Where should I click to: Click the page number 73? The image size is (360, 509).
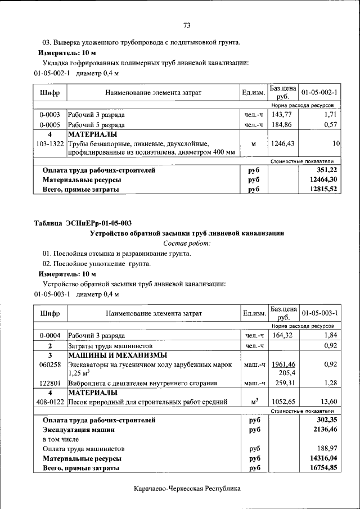(187, 25)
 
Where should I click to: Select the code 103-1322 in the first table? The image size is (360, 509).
(49, 144)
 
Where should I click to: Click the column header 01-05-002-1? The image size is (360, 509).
(319, 92)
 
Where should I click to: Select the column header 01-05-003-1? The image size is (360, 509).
(319, 313)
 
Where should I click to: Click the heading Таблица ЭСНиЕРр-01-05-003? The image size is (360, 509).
(83, 223)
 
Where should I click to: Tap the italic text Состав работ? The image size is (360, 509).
(187, 243)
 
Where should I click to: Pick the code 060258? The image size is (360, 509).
(49, 364)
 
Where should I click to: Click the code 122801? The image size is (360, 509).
(49, 384)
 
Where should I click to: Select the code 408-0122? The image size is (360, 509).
(49, 402)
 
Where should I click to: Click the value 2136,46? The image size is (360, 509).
(325, 429)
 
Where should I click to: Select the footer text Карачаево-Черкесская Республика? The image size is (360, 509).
(187, 489)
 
